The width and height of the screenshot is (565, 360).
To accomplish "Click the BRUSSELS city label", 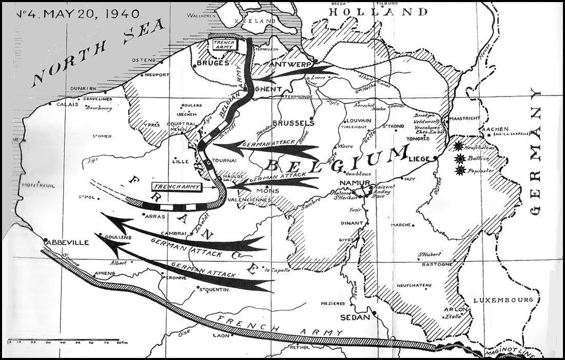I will tap(294, 123).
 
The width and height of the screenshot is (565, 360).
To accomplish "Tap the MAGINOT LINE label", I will tap(518, 353).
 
